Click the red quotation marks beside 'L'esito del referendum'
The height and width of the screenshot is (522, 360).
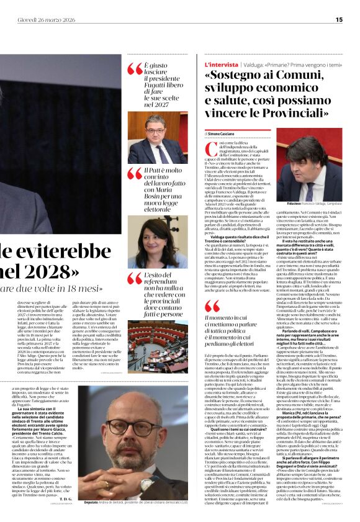135,278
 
